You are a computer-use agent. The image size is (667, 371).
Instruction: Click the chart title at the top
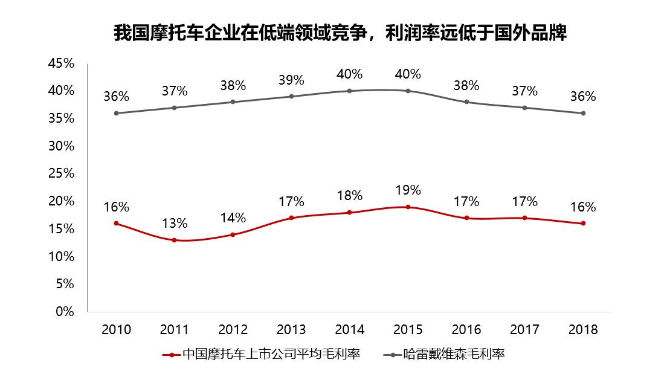click(x=340, y=33)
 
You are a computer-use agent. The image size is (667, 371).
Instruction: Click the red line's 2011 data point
click(x=175, y=240)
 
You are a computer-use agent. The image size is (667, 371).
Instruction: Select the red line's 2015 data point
click(x=408, y=207)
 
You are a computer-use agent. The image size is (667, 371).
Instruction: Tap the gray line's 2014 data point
click(x=349, y=91)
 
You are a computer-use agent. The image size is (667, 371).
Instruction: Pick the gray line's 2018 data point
click(x=583, y=113)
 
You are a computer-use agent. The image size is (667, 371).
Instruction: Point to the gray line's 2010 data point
click(x=116, y=113)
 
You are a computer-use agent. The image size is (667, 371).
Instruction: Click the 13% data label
click(x=175, y=224)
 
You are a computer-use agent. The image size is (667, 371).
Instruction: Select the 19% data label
click(x=408, y=190)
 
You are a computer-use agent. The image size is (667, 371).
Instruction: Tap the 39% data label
click(x=291, y=80)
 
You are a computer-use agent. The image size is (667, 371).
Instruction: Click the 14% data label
click(x=233, y=218)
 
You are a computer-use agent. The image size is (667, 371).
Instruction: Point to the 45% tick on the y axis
click(x=61, y=63)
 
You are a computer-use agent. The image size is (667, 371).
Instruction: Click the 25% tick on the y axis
click(x=61, y=173)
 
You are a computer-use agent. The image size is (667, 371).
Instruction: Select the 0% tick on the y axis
click(x=65, y=312)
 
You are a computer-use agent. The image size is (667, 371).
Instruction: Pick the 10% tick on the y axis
click(x=61, y=256)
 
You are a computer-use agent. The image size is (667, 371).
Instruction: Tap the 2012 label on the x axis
click(x=233, y=330)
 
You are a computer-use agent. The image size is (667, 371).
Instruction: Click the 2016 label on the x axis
click(x=466, y=330)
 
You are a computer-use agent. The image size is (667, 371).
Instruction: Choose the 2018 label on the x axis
click(x=583, y=330)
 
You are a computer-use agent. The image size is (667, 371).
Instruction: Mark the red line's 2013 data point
click(x=291, y=218)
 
